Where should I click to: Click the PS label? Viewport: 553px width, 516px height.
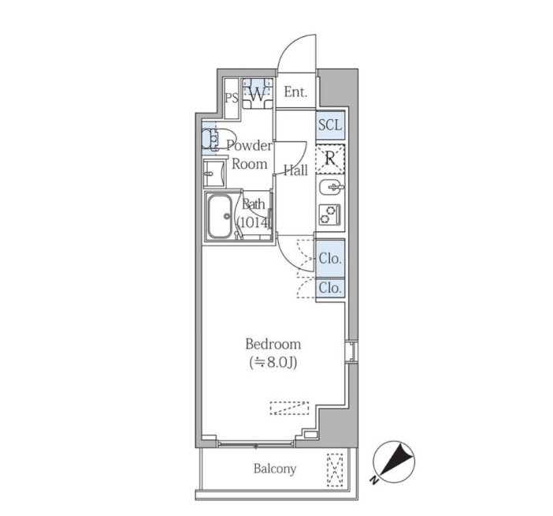[x=232, y=98]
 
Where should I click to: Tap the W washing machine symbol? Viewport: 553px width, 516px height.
[x=257, y=94]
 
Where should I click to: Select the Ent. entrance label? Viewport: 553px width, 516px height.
[x=295, y=92]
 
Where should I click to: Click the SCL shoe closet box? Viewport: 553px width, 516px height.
[x=330, y=125]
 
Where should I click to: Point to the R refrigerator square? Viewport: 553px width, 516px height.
[x=330, y=159]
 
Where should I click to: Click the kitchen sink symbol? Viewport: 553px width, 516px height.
[x=330, y=187]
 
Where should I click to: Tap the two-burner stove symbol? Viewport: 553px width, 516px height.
[x=330, y=215]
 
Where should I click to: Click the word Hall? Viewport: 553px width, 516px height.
[x=295, y=170]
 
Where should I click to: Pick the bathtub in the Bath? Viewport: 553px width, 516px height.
[x=220, y=217]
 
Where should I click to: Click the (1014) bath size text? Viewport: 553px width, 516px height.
[x=254, y=222]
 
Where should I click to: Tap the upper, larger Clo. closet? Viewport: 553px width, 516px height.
[x=330, y=259]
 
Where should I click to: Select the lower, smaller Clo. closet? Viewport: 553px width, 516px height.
[x=330, y=288]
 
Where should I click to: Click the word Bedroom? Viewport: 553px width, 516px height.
[x=273, y=344]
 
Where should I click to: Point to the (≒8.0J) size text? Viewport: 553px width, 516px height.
[x=273, y=362]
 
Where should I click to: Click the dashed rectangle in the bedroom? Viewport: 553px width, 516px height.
[x=289, y=408]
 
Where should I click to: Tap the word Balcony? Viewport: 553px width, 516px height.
[x=275, y=469]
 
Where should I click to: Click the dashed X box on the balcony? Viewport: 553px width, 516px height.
[x=335, y=470]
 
